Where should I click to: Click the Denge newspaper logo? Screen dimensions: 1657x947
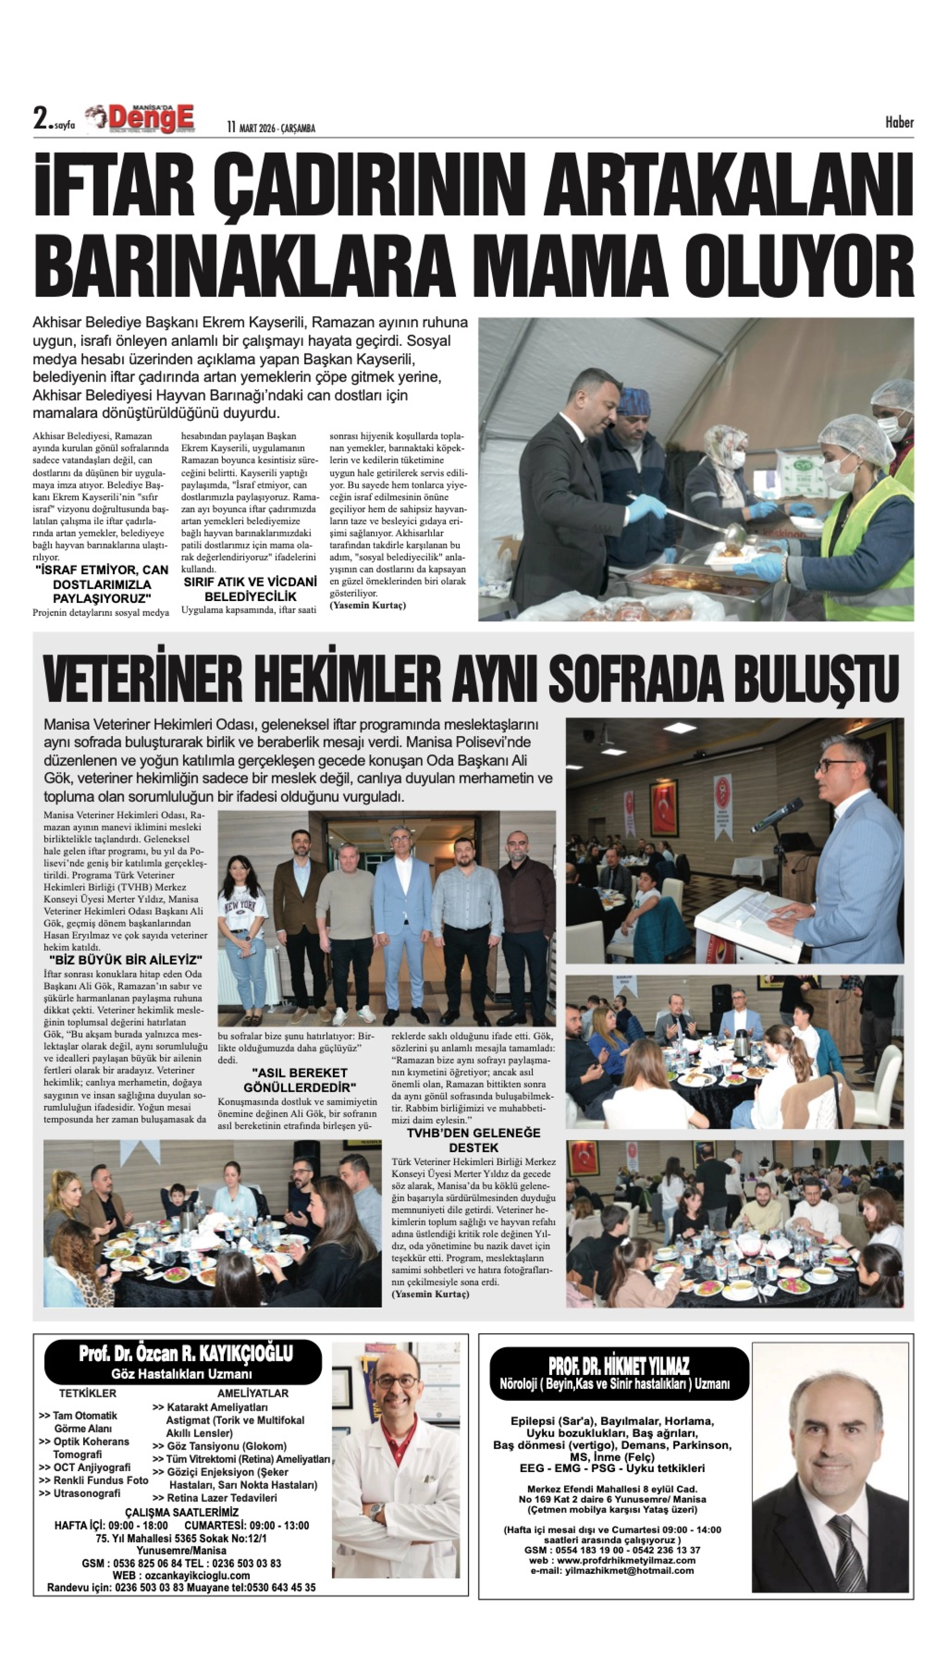tap(145, 119)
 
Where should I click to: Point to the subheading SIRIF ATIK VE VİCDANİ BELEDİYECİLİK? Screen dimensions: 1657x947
tap(250, 589)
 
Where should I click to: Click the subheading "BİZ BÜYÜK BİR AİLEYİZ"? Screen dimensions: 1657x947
tap(126, 960)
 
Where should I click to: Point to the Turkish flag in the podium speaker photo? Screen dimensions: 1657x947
tap(663, 806)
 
